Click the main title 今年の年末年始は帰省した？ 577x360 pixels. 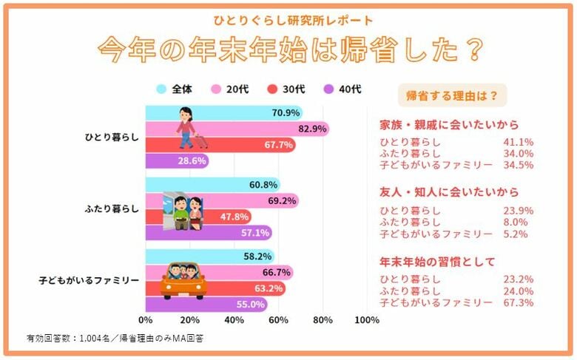(x=289, y=50)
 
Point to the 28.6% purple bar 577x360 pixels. (x=178, y=161)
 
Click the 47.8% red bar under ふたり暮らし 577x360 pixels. (x=198, y=217)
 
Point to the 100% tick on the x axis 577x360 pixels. (x=367, y=321)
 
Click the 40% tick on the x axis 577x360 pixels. (x=234, y=321)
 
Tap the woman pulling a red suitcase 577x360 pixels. (x=187, y=128)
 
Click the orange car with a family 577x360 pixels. (x=184, y=280)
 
